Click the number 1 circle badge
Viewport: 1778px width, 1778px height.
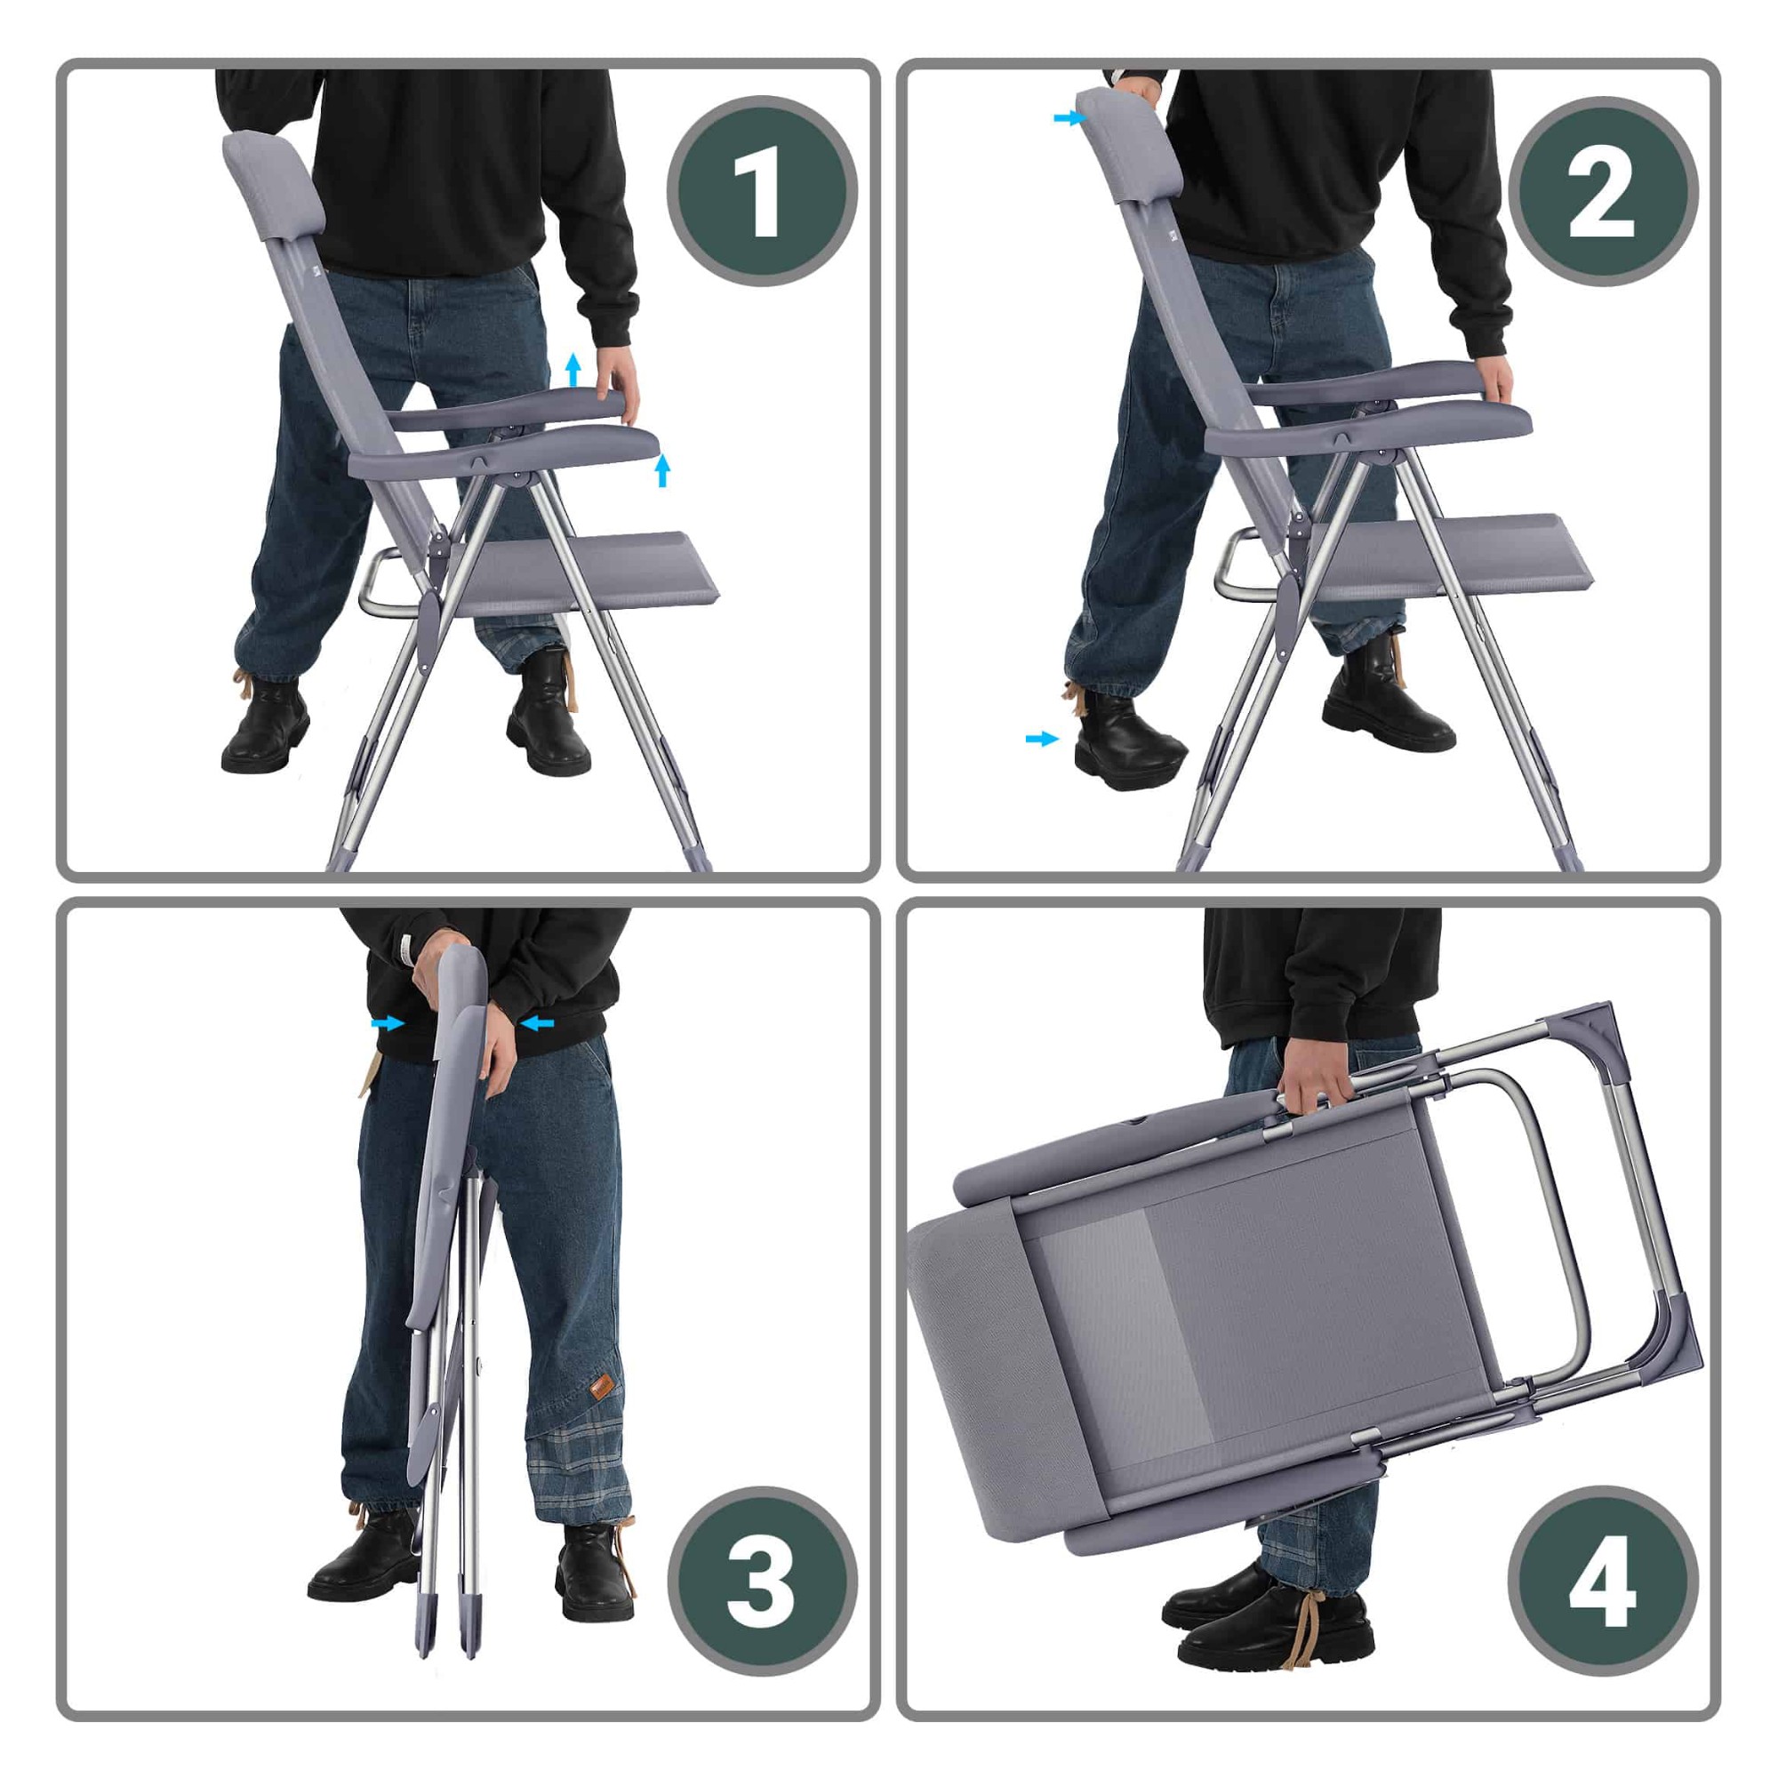(x=762, y=191)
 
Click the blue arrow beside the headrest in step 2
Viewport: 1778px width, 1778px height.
(x=1070, y=118)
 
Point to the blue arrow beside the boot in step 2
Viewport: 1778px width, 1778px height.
(x=1042, y=738)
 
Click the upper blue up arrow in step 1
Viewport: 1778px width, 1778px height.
(x=573, y=369)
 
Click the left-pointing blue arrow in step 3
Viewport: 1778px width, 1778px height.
(x=537, y=1021)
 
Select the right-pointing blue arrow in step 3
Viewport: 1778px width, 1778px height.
(x=388, y=1022)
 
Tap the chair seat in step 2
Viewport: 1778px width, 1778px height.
(x=1454, y=554)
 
